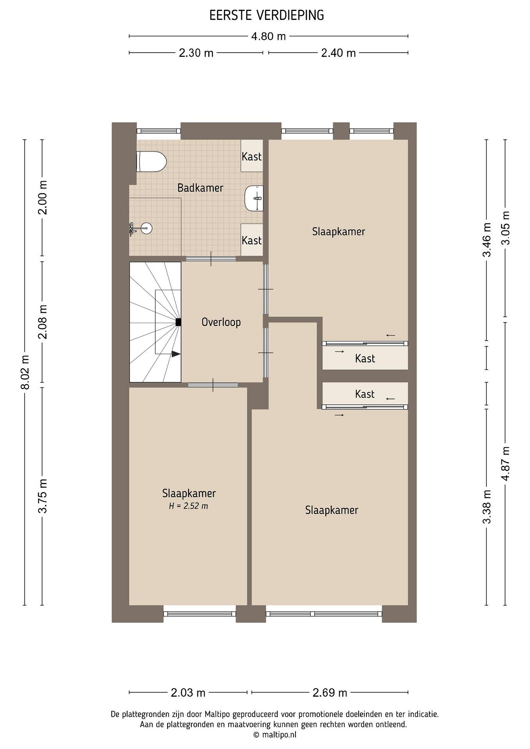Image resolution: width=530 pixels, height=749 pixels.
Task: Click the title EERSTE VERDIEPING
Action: (x=267, y=15)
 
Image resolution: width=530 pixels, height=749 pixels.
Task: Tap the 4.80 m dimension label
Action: (x=268, y=36)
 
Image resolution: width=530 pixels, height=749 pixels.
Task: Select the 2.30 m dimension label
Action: (x=196, y=53)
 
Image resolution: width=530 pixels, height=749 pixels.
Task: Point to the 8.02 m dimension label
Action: (x=25, y=372)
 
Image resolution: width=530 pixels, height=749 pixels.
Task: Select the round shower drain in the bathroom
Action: (x=146, y=228)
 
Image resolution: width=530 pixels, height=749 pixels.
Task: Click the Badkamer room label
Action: (x=200, y=188)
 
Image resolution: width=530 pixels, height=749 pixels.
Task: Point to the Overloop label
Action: (x=221, y=322)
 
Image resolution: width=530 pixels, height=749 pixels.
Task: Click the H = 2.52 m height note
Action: (x=188, y=506)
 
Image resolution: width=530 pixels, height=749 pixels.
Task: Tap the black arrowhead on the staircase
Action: (x=176, y=354)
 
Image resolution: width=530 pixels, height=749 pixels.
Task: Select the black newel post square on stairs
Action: (x=178, y=322)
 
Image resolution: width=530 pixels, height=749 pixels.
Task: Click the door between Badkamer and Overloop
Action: (x=211, y=259)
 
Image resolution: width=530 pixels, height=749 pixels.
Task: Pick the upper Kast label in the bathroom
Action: (x=252, y=157)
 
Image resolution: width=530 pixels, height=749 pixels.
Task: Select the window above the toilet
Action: (x=159, y=131)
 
